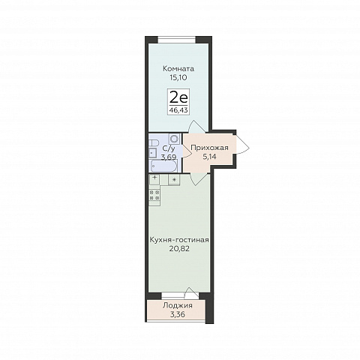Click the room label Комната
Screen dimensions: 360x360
[178, 68]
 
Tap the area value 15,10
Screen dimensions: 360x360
[178, 77]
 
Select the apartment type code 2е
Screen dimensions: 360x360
[178, 98]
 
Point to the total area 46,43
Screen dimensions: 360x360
[178, 110]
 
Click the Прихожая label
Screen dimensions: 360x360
[209, 148]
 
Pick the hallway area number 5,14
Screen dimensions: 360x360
[209, 157]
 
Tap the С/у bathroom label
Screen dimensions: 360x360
[169, 148]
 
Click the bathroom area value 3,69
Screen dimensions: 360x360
[169, 157]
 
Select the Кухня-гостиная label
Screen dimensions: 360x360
[179, 240]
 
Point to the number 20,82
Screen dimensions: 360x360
[179, 249]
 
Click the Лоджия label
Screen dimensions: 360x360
[178, 305]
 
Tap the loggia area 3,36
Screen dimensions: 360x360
[178, 314]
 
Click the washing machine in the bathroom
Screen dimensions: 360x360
[174, 138]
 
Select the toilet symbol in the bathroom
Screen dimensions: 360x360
[154, 143]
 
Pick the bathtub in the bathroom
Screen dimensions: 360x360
[163, 166]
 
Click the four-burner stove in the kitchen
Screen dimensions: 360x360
[154, 195]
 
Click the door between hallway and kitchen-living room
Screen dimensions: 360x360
[199, 178]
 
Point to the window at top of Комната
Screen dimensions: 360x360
[177, 40]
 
